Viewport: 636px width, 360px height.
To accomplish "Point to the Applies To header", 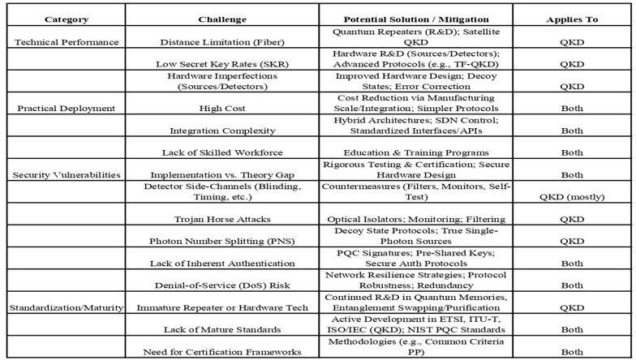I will pos(573,19).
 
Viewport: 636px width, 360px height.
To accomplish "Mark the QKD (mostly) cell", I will pos(573,196).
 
